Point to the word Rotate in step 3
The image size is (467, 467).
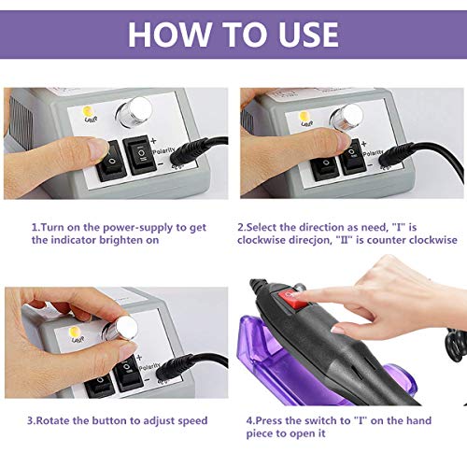click(62, 420)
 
